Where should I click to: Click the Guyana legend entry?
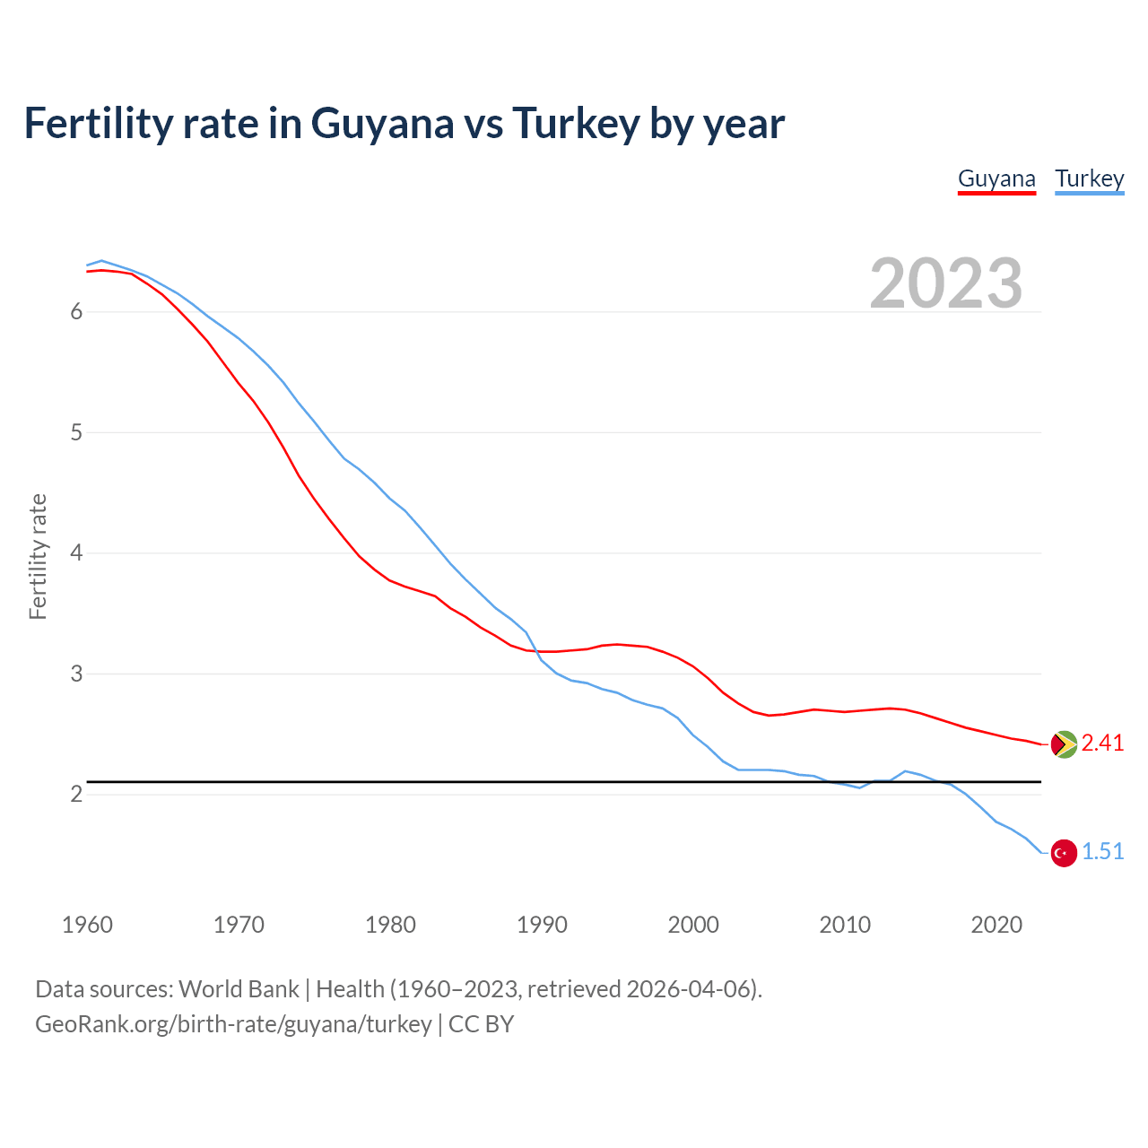pyautogui.click(x=996, y=178)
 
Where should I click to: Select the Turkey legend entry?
pyautogui.click(x=1089, y=178)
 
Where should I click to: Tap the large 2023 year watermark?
pyautogui.click(x=945, y=283)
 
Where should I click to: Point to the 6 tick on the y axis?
pyautogui.click(x=76, y=311)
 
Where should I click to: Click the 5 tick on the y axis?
pyautogui.click(x=76, y=432)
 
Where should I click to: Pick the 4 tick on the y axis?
pyautogui.click(x=76, y=552)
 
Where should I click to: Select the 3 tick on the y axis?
pyautogui.click(x=76, y=674)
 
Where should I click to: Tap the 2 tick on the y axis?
pyautogui.click(x=76, y=794)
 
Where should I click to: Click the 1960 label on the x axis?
pyautogui.click(x=87, y=925)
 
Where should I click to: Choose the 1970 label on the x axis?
pyautogui.click(x=239, y=925)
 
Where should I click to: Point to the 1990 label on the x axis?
pyautogui.click(x=542, y=925)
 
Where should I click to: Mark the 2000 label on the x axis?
pyautogui.click(x=693, y=925)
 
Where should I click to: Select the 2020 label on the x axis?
pyautogui.click(x=996, y=925)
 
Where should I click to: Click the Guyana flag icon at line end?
pyautogui.click(x=1064, y=744)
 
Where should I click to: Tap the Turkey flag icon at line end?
pyautogui.click(x=1064, y=853)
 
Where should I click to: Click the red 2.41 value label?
pyautogui.click(x=1102, y=744)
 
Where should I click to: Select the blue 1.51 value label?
pyautogui.click(x=1102, y=852)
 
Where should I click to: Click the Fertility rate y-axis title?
pyautogui.click(x=38, y=556)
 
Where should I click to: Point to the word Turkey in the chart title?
pyautogui.click(x=576, y=123)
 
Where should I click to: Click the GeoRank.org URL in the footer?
pyautogui.click(x=233, y=1024)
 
